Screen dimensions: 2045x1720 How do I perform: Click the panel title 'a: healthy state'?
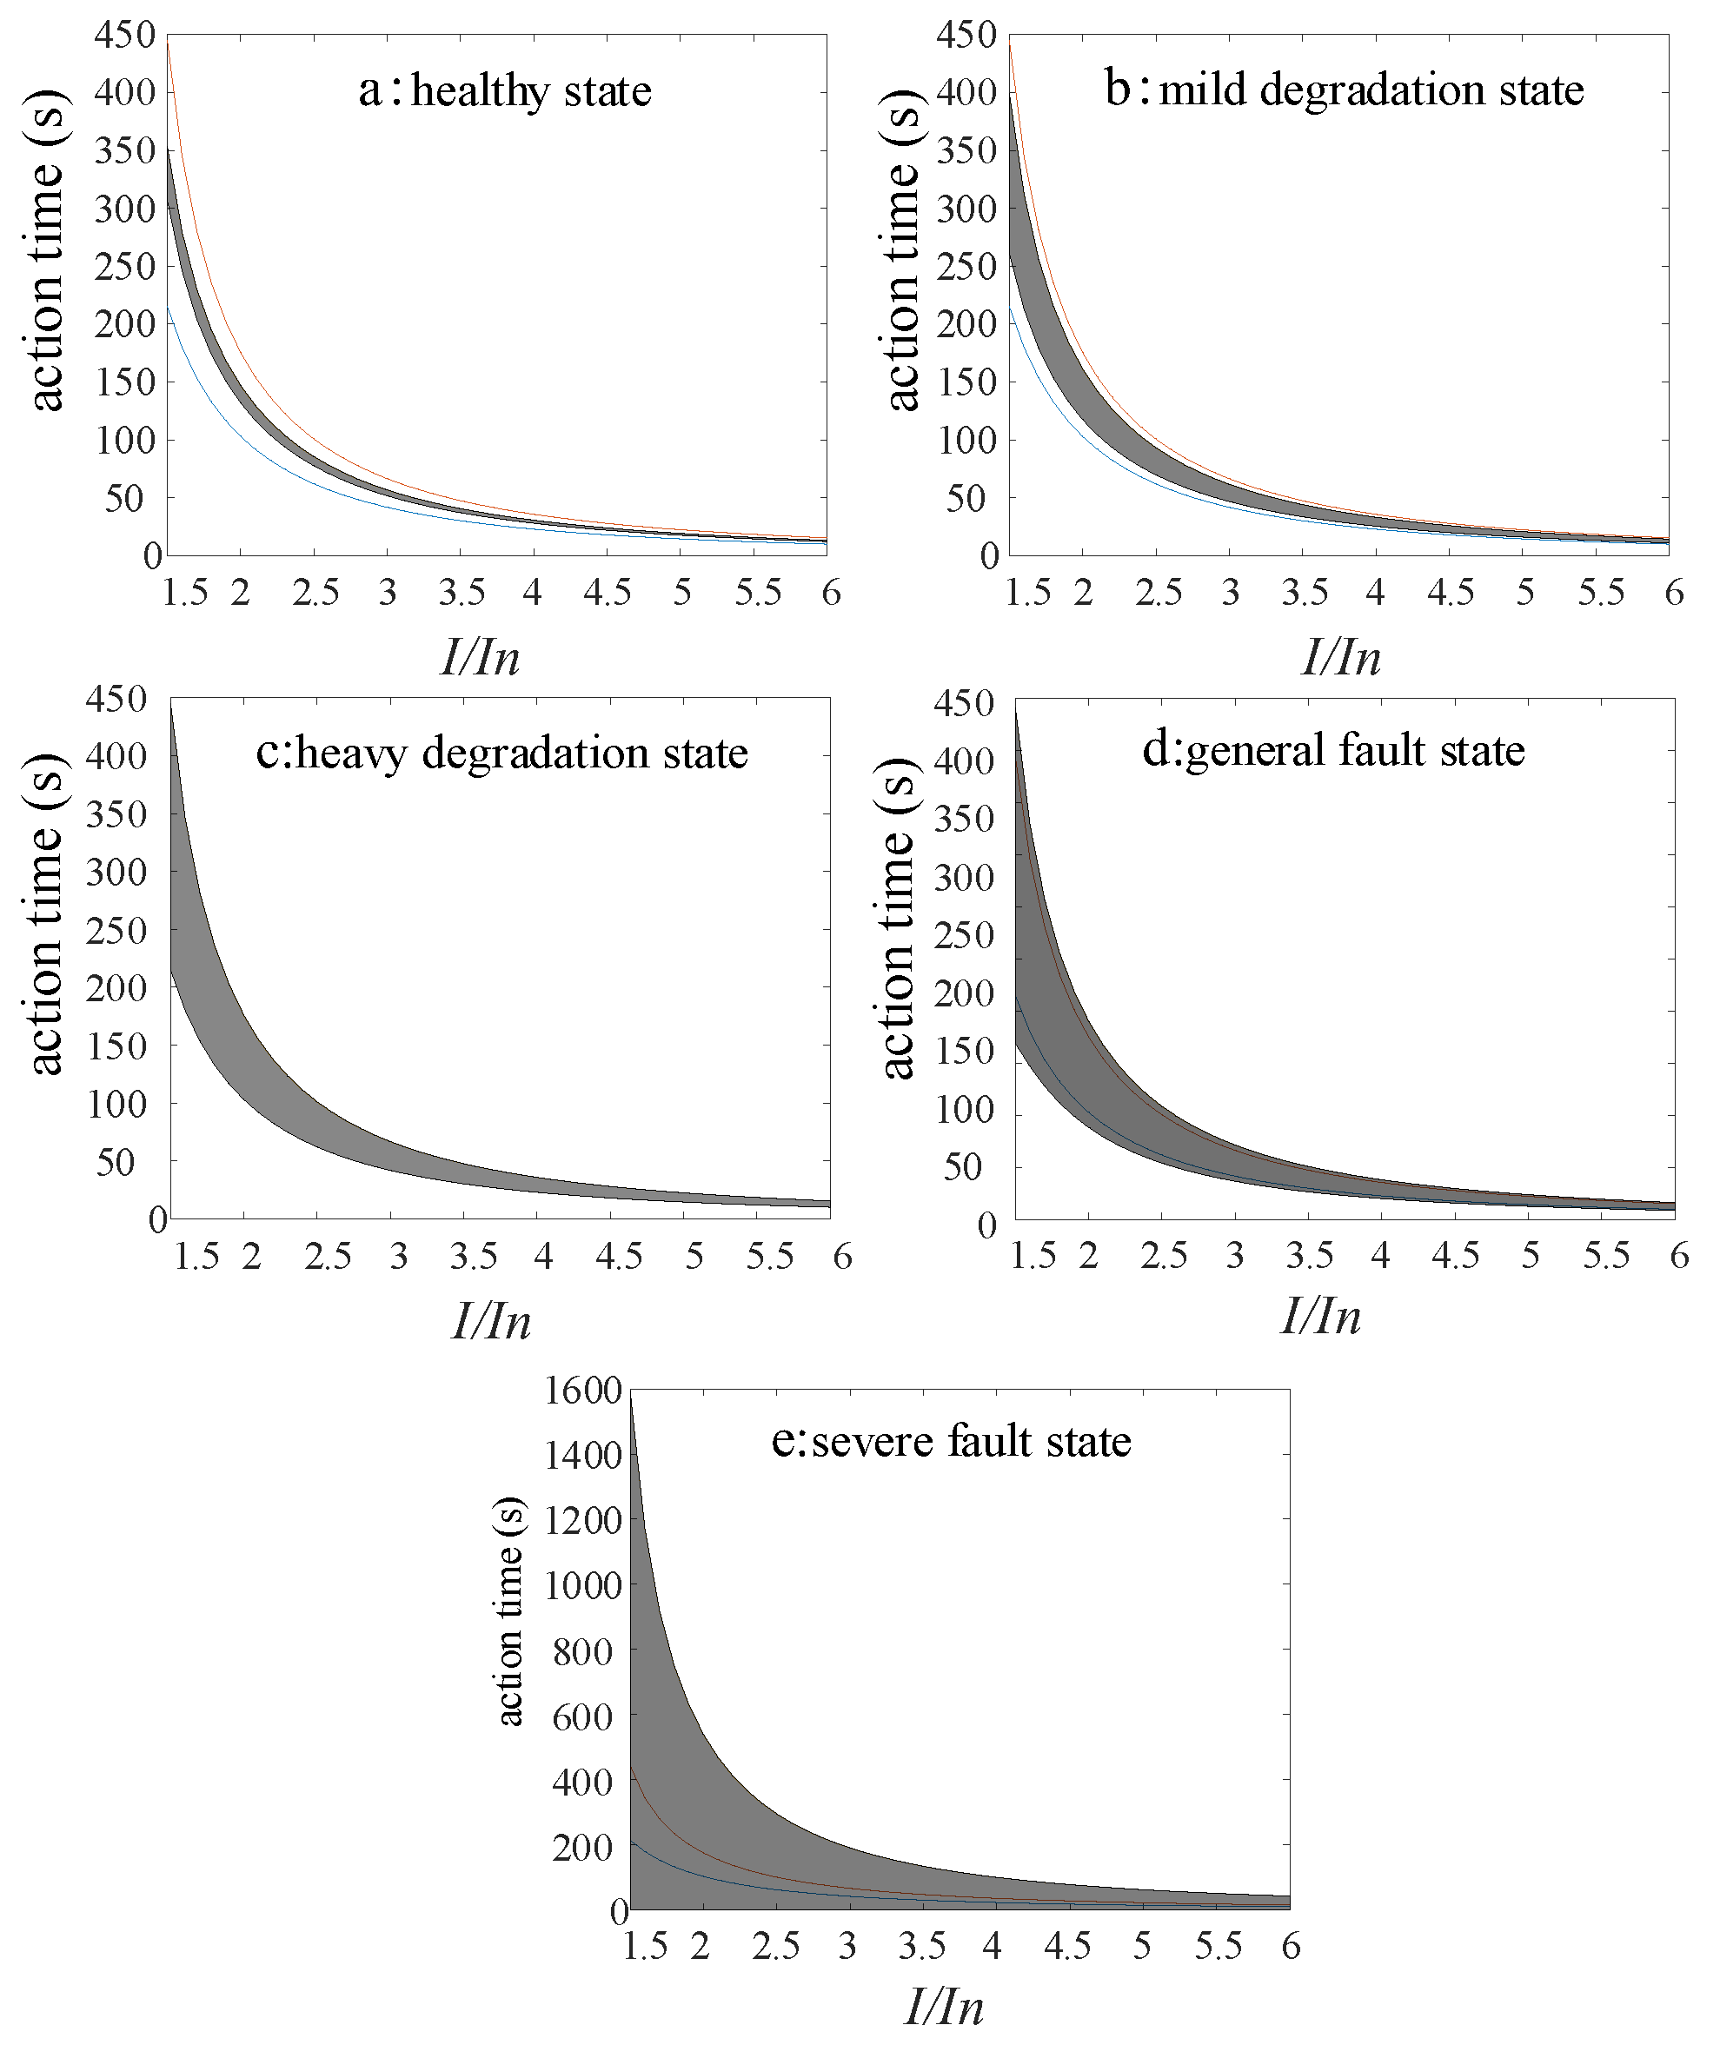(504, 90)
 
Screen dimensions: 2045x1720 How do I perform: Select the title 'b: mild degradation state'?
(1344, 90)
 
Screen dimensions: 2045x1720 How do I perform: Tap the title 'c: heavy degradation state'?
(501, 753)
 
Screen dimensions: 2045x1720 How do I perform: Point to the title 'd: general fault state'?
(1333, 750)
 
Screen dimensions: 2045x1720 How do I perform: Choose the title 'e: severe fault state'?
(951, 1441)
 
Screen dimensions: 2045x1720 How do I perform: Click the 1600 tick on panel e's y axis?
(583, 1391)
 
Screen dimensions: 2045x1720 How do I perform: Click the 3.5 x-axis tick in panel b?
(1305, 592)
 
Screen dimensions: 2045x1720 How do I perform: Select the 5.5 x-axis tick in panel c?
(770, 1256)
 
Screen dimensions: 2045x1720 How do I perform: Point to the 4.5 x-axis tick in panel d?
(1455, 1255)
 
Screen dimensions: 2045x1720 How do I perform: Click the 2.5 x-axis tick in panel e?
(776, 1946)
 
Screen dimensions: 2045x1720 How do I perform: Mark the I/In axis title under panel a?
(480, 657)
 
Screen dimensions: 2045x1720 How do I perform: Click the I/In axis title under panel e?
(943, 2007)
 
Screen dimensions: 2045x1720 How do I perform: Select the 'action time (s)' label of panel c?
(45, 913)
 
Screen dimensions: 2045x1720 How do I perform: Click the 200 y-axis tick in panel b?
(966, 324)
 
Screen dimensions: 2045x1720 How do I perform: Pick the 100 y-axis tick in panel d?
(965, 1109)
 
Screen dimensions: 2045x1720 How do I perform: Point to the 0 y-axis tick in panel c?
(157, 1219)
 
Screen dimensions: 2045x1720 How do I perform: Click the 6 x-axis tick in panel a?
(831, 592)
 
